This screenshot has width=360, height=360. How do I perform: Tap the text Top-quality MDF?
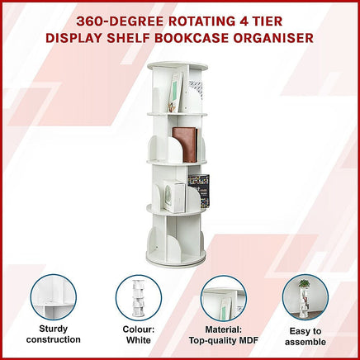point(223,340)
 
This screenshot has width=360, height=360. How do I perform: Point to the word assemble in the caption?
point(306,340)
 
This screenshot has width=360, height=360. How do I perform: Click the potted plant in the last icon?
point(305,285)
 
